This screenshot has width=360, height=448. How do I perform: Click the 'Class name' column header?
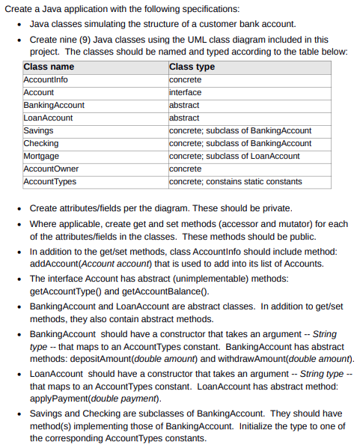pos(49,67)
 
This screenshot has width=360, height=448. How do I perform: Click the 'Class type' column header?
pos(192,67)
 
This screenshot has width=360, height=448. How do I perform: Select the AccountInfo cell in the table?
pos(46,79)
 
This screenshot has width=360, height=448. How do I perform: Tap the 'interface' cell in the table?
pos(186,92)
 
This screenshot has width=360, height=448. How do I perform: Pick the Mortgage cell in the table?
pos(41,156)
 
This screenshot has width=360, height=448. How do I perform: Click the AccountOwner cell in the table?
pos(51,169)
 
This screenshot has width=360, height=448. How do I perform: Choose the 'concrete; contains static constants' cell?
pos(236,181)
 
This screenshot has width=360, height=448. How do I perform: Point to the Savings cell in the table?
pos(38,130)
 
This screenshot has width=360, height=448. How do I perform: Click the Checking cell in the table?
pos(41,143)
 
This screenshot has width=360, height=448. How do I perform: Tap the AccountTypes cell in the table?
pos(49,181)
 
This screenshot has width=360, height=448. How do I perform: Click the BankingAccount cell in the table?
pos(54,105)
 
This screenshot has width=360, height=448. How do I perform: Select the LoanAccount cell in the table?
pos(48,118)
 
